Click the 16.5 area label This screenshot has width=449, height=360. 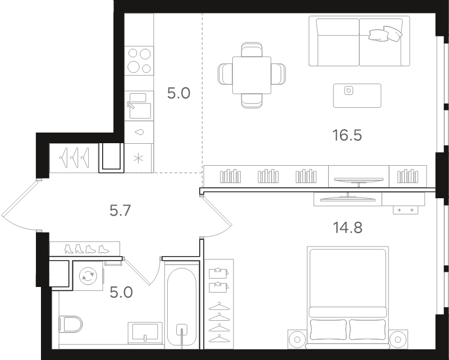pyautogui.click(x=347, y=135)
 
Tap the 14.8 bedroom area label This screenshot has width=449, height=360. pyautogui.click(x=347, y=228)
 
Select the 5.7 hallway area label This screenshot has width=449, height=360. pyautogui.click(x=120, y=211)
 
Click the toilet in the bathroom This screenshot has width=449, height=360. pyautogui.click(x=71, y=324)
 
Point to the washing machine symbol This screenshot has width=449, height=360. pyautogui.click(x=88, y=276)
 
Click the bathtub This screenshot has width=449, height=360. pyautogui.click(x=182, y=307)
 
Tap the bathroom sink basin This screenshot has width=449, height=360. pyautogui.click(x=145, y=333)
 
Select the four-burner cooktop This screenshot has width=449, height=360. pyautogui.click(x=139, y=61)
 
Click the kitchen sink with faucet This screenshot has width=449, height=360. pyautogui.click(x=139, y=106)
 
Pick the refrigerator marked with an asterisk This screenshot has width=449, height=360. pyautogui.click(x=139, y=158)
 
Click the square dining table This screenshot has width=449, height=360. pyautogui.click(x=251, y=75)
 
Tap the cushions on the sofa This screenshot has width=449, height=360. pyautogui.click(x=386, y=34)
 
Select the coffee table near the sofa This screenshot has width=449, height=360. pyautogui.click(x=357, y=95)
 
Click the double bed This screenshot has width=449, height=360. pyautogui.click(x=347, y=297)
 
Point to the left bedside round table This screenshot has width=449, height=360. pyautogui.click(x=297, y=339)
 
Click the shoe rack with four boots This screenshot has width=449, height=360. pyautogui.click(x=85, y=248)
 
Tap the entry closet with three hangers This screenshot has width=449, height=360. pyautogui.click(x=74, y=158)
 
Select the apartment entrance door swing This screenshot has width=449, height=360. pyautogui.click(x=20, y=204)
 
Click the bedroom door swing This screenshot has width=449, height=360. pyautogui.click(x=216, y=216)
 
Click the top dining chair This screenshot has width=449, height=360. pyautogui.click(x=251, y=49)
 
